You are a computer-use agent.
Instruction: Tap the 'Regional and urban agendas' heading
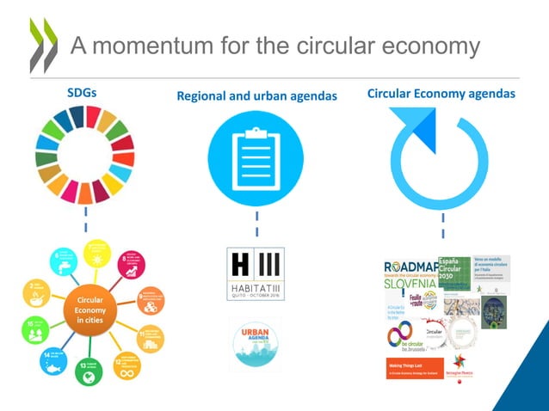point(256,96)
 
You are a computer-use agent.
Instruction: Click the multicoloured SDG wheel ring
point(85,155)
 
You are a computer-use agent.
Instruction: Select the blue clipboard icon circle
point(256,158)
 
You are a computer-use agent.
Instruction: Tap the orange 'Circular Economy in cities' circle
point(86,309)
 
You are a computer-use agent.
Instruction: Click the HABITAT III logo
point(256,268)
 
